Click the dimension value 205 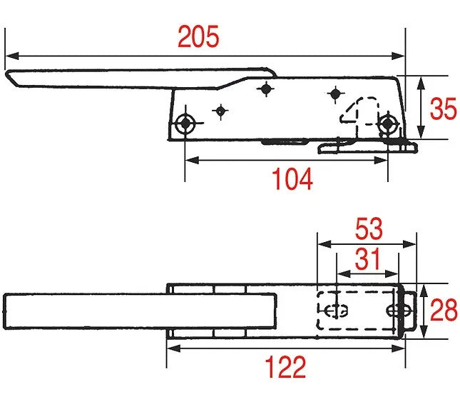coord(198,36)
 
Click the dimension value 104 coord(292,179)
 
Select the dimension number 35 coord(444,109)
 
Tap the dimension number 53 coord(369,228)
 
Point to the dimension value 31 coord(368,258)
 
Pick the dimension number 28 coord(444,309)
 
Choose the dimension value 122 coord(285,366)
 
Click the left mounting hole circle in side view coord(185,124)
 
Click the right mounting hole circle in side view coord(388,124)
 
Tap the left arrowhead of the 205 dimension coord(12,56)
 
